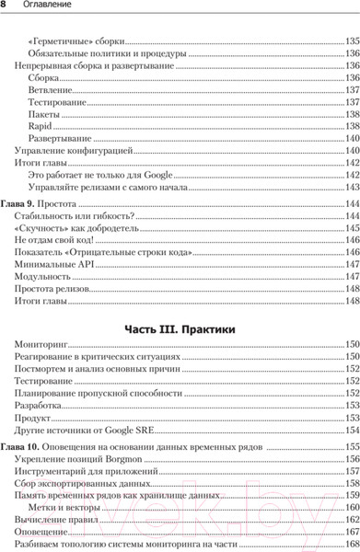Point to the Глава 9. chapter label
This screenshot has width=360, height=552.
19,202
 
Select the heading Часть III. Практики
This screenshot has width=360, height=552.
180,328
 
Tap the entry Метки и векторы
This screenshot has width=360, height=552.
65,507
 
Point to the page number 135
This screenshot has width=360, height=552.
352,41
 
